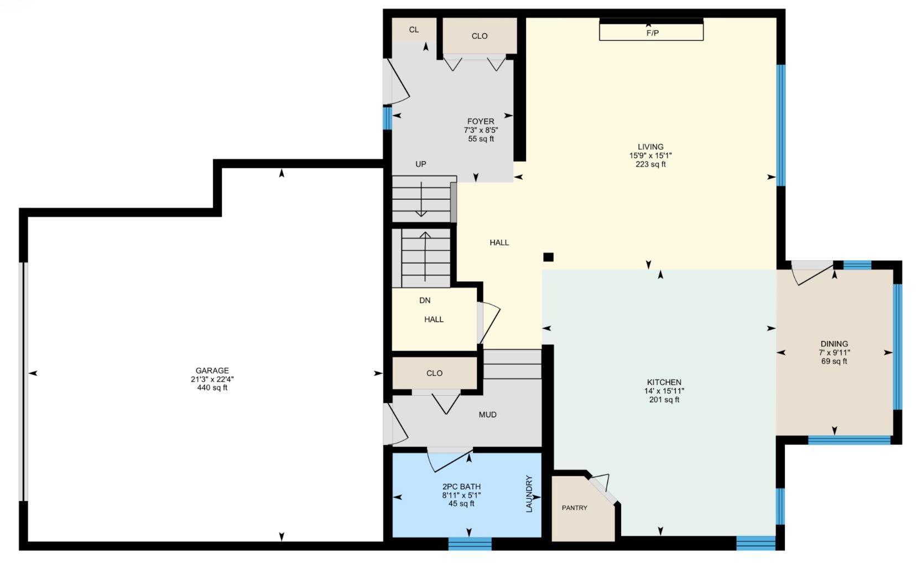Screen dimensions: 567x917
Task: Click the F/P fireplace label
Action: click(x=652, y=33)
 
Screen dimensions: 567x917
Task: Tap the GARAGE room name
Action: click(x=212, y=370)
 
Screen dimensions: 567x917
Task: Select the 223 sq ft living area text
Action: click(x=650, y=164)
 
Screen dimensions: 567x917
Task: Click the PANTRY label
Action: click(x=575, y=508)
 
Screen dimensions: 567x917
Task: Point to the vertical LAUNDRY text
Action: click(x=529, y=494)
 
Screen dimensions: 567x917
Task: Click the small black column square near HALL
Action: click(x=548, y=257)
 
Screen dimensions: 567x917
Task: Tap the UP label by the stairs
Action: click(x=421, y=164)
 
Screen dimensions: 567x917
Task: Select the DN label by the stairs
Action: click(x=425, y=300)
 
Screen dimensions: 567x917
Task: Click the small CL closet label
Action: click(x=414, y=30)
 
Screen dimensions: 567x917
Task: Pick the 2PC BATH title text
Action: click(x=461, y=487)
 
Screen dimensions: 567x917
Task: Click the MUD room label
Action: click(x=487, y=414)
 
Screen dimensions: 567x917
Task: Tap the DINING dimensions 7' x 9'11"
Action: click(x=834, y=353)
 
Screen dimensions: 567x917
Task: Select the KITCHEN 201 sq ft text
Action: click(x=664, y=400)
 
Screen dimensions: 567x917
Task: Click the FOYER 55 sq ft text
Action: click(x=481, y=139)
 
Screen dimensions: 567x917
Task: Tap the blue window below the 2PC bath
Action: click(x=470, y=544)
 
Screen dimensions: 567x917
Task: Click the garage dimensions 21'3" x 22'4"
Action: click(x=212, y=379)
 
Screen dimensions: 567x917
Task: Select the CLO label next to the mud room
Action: click(x=434, y=373)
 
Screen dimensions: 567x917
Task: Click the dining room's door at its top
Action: click(x=812, y=272)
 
